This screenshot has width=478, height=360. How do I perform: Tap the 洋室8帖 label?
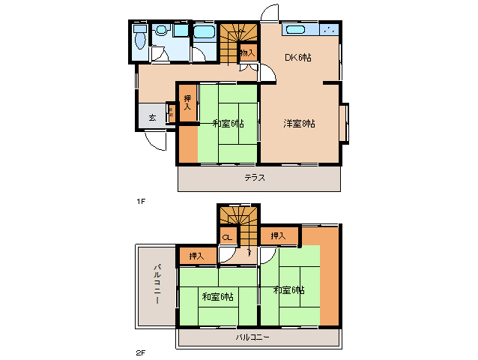click(299, 123)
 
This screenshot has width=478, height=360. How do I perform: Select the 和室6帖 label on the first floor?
click(228, 123)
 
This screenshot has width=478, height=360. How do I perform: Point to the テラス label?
click(255, 178)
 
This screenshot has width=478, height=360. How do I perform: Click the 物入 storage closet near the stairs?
click(246, 52)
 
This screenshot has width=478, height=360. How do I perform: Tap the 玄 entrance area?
click(152, 117)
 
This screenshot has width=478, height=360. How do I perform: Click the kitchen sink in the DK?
click(294, 30)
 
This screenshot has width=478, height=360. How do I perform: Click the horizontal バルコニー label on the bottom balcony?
click(252, 337)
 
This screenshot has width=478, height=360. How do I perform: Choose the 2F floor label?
click(140, 352)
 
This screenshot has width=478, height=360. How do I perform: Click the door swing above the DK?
click(268, 15)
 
